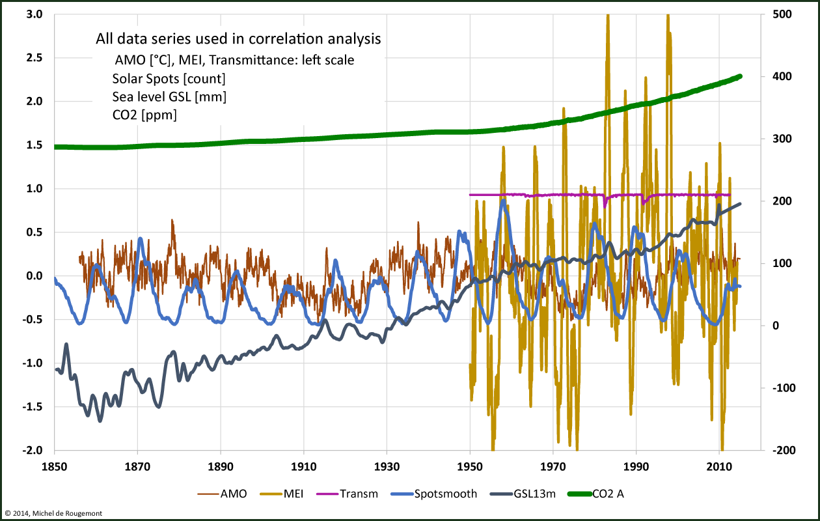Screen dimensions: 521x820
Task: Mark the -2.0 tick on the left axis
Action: tap(33, 451)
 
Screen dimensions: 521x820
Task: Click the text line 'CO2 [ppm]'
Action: tap(144, 115)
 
